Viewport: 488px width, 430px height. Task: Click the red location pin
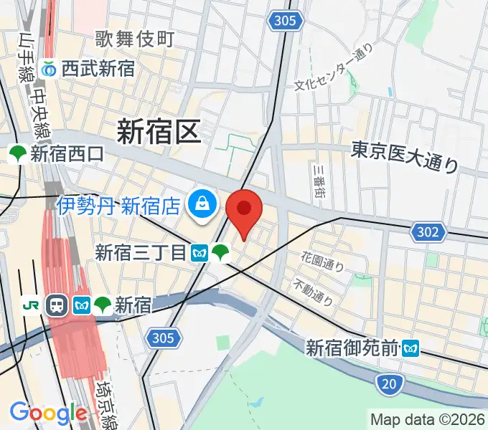[244, 209]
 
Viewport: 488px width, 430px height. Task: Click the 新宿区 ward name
[159, 132]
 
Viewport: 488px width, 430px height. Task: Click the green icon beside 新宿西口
[17, 153]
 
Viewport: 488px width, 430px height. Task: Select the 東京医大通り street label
[405, 158]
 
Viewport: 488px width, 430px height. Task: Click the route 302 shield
[427, 231]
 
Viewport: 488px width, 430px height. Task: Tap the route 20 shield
[388, 385]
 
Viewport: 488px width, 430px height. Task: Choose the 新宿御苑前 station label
[352, 349]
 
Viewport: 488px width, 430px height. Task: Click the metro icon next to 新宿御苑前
[410, 349]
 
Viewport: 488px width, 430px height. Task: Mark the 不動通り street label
[313, 291]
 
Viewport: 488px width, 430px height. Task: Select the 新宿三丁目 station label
[141, 252]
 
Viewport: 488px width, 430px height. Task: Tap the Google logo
[48, 414]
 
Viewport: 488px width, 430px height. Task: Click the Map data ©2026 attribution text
[427, 419]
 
